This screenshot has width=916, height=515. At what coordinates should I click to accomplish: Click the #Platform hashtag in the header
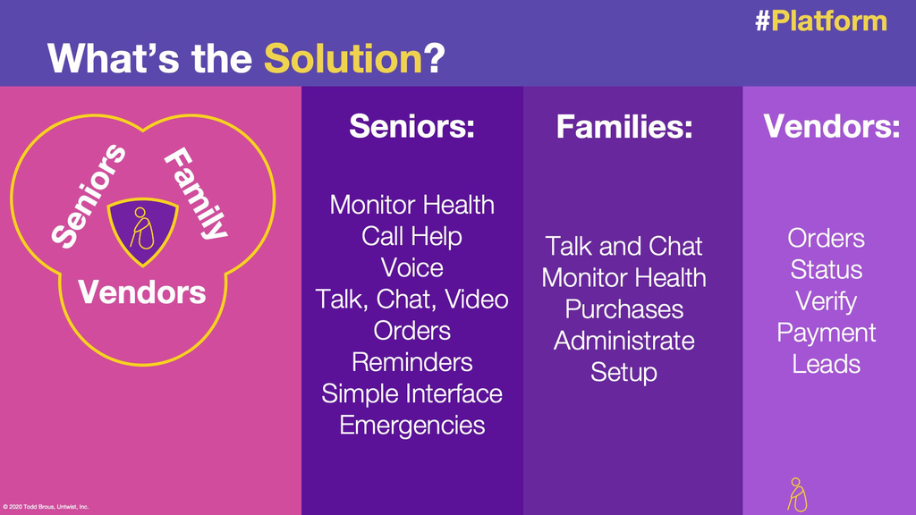tap(821, 21)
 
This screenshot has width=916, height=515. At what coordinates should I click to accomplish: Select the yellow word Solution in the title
tap(343, 58)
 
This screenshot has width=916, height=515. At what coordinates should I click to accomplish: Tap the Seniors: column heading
tap(411, 125)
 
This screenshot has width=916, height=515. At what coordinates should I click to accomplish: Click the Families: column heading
tap(624, 126)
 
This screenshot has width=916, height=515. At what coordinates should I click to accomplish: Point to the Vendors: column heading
tap(832, 125)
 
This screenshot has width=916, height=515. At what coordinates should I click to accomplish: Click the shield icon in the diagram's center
tap(142, 232)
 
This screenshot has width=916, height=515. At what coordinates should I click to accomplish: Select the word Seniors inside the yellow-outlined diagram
tap(89, 196)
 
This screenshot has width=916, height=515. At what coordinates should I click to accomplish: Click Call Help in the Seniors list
tap(411, 236)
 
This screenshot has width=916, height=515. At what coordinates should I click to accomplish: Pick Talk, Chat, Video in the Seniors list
tap(411, 300)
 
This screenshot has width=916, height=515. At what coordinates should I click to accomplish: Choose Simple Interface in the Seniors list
tap(411, 394)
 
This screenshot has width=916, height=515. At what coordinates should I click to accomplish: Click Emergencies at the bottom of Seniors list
tap(411, 426)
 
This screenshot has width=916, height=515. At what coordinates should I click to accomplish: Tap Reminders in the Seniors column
tap(411, 363)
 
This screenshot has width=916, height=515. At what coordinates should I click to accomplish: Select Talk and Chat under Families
tap(623, 247)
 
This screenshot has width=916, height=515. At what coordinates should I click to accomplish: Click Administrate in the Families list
tap(623, 341)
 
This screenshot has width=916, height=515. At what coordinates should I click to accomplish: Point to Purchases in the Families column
tap(623, 309)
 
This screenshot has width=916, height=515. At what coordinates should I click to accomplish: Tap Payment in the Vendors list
tap(826, 333)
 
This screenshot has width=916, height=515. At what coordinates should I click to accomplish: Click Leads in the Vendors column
tap(826, 365)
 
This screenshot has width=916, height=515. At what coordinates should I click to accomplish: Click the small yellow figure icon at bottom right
tap(797, 494)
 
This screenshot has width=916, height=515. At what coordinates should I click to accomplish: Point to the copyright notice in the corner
tap(47, 507)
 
